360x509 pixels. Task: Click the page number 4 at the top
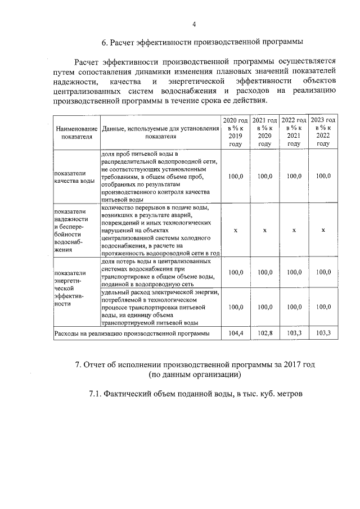pyautogui.click(x=194, y=24)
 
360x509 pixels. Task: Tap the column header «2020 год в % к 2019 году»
pyautogui.click(x=235, y=132)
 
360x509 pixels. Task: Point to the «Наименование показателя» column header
pyautogui.click(x=76, y=132)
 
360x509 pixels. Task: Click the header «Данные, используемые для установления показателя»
pyautogui.click(x=160, y=132)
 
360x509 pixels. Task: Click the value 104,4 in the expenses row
pyautogui.click(x=235, y=334)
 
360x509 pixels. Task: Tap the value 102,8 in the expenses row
pyautogui.click(x=264, y=334)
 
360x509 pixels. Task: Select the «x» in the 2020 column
pyautogui.click(x=235, y=231)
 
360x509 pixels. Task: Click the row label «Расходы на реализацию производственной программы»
pyautogui.click(x=132, y=334)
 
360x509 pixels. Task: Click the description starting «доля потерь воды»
pyautogui.click(x=157, y=273)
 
